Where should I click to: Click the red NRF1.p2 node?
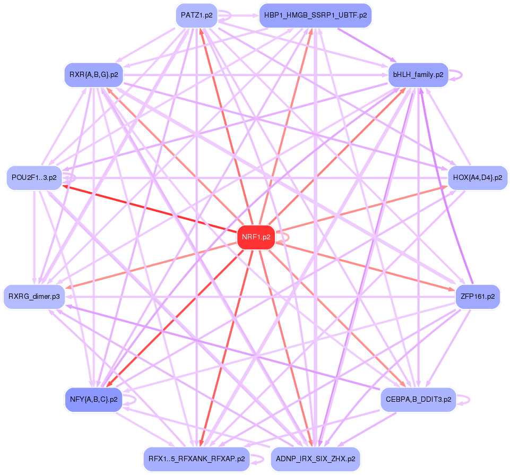[x=256, y=237]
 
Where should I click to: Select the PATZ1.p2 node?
[x=196, y=15]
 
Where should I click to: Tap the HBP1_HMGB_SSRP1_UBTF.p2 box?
[x=315, y=15]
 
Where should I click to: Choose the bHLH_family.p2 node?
[x=419, y=75]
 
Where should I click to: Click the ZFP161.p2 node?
[x=478, y=296]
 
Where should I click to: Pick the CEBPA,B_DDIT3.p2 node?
[x=418, y=399]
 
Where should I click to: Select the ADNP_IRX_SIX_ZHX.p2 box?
[x=315, y=459]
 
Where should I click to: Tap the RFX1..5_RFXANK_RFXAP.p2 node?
[x=196, y=459]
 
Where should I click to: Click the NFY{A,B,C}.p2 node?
[x=93, y=399]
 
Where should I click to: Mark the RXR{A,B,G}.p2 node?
[x=93, y=75]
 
